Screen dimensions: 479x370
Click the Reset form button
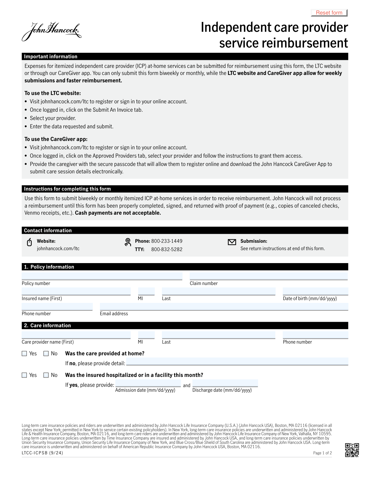pyautogui.click(x=329, y=13)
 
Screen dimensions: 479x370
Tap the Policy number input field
pyautogui.click(x=102, y=276)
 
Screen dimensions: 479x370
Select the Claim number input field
pyautogui.click(x=269, y=276)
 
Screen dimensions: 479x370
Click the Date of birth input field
pyautogui.click(x=315, y=291)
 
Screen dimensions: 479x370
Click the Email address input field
pyautogui.click(x=224, y=307)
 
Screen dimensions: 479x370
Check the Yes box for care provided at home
pyautogui.click(x=24, y=353)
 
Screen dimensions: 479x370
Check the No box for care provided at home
pyautogui.click(x=46, y=353)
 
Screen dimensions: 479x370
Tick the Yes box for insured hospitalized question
pyautogui.click(x=24, y=375)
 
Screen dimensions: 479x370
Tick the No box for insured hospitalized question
pyautogui.click(x=46, y=375)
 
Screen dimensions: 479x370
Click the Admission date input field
pyautogui.click(x=148, y=383)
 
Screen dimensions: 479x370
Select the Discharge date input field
pyautogui.click(x=225, y=383)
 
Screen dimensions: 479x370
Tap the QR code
pyautogui.click(x=352, y=450)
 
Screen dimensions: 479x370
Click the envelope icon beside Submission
pyautogui.click(x=232, y=242)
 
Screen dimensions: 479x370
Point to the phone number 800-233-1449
pyautogui.click(x=166, y=241)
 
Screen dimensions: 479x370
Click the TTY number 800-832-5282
pyautogui.click(x=166, y=250)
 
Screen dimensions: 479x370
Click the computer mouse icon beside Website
pyautogui.click(x=29, y=242)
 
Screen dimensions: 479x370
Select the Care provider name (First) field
pyautogui.click(x=76, y=335)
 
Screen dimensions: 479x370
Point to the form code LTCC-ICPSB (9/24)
pyautogui.click(x=42, y=453)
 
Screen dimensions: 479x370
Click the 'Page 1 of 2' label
pyautogui.click(x=322, y=453)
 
